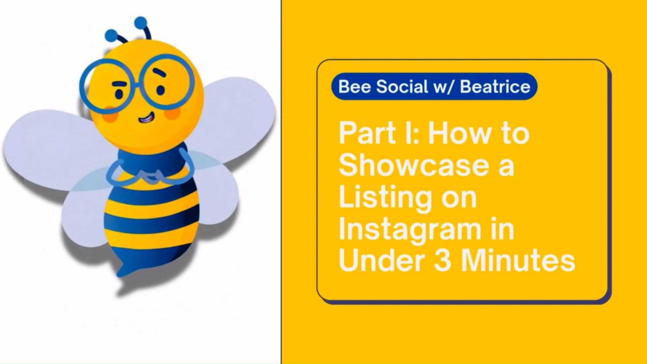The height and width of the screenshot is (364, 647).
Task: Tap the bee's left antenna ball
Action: pyautogui.click(x=111, y=35)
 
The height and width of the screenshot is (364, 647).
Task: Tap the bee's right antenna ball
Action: pyautogui.click(x=140, y=22)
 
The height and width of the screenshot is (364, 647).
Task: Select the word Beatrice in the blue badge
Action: pyautogui.click(x=495, y=87)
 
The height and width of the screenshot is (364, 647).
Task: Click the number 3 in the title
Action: pyautogui.click(x=442, y=261)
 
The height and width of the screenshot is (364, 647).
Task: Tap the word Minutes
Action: pyautogui.click(x=518, y=261)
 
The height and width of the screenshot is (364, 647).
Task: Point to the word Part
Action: pyautogui.click(x=367, y=133)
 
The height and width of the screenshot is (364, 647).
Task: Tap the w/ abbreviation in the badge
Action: pyautogui.click(x=443, y=87)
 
